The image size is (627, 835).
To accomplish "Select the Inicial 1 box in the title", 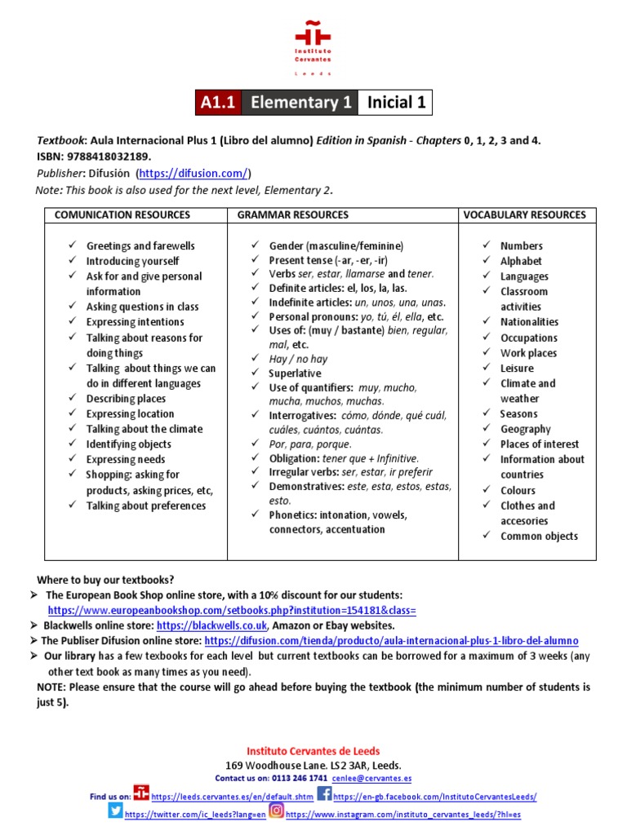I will click(396, 103).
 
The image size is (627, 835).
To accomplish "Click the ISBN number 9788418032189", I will click(111, 156).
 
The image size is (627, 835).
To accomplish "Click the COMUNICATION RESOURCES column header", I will click(122, 215).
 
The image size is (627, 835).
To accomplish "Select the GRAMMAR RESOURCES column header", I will click(292, 215).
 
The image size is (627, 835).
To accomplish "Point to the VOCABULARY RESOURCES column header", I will click(524, 215).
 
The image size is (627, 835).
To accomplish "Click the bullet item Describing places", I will click(126, 399).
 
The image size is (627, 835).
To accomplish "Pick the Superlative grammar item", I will click(295, 373).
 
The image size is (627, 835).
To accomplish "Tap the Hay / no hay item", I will click(298, 359).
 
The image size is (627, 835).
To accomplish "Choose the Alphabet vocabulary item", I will click(521, 261).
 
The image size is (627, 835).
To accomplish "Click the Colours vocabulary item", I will click(518, 490).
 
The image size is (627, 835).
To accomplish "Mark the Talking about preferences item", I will click(146, 506).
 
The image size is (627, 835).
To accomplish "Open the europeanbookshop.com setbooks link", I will click(232, 610).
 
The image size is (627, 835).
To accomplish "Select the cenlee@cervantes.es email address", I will click(371, 779).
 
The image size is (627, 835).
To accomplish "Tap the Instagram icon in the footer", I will click(276, 811).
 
